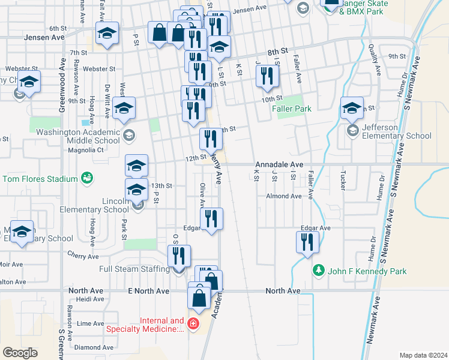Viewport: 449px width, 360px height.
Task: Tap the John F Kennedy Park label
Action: click(367, 271)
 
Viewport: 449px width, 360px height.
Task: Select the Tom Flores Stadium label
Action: click(40, 179)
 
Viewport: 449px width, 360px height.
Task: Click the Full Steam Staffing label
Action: click(134, 269)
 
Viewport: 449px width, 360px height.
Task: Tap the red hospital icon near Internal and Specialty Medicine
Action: click(193, 325)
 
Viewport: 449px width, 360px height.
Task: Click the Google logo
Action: click(20, 353)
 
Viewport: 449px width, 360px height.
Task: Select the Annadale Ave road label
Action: click(279, 164)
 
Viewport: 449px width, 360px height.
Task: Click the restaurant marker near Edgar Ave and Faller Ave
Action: click(307, 243)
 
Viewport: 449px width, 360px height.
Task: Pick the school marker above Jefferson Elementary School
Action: click(352, 109)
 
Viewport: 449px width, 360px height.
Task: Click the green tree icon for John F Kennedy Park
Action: click(318, 271)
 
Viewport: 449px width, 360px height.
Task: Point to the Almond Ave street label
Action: click(284, 196)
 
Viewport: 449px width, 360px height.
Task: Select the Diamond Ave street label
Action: click(94, 347)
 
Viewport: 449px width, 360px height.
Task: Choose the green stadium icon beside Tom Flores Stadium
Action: click(88, 178)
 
